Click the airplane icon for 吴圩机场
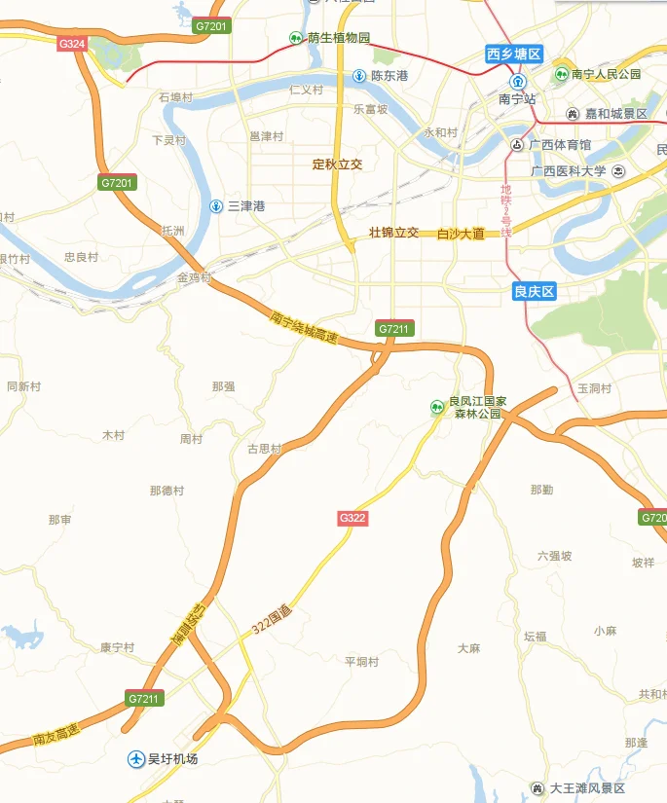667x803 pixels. click(136, 757)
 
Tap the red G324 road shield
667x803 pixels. click(72, 44)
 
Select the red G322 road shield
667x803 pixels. click(352, 518)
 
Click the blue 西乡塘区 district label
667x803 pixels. click(514, 55)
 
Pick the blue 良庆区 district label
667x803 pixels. click(534, 291)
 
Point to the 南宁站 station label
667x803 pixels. click(518, 98)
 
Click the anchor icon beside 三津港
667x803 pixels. click(216, 205)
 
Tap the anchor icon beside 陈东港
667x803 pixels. click(359, 75)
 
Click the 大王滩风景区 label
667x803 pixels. click(586, 787)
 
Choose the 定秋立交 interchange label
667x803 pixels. click(337, 164)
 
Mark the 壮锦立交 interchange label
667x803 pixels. click(394, 233)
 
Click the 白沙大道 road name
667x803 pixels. click(462, 234)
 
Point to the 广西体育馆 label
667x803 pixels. click(560, 145)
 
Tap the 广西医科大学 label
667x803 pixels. click(568, 171)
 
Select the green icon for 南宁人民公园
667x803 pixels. click(562, 74)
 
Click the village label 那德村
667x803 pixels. click(167, 491)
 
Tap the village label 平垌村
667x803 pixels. click(361, 662)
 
